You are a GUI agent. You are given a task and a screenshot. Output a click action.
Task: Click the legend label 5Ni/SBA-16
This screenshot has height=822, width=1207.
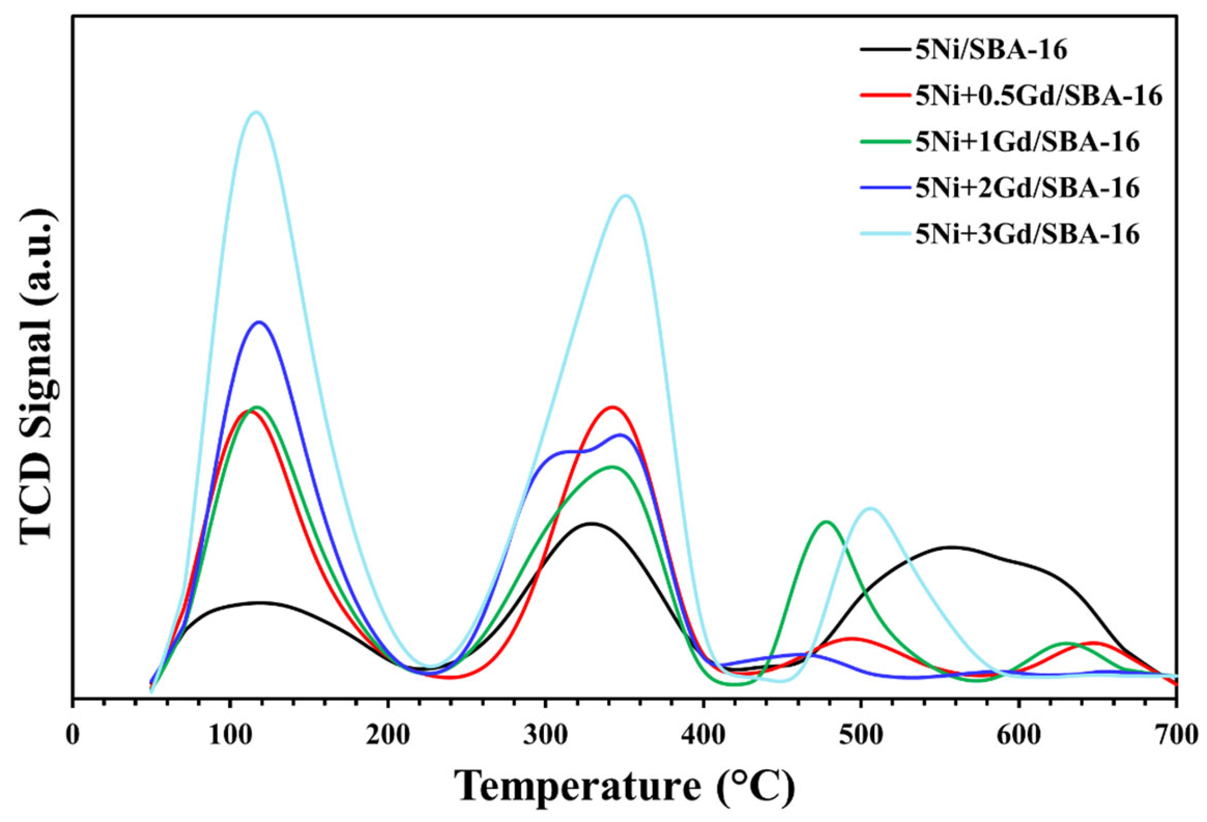(x=991, y=50)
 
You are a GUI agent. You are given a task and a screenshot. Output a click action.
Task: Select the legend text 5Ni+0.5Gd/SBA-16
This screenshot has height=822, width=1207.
(x=1039, y=96)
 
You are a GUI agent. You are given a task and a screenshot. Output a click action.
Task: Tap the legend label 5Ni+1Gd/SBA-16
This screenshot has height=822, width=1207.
(x=1027, y=142)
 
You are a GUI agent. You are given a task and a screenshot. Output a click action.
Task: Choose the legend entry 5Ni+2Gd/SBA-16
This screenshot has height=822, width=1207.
(x=1027, y=188)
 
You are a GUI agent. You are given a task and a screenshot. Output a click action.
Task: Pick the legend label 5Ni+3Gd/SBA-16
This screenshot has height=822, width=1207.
(x=1027, y=235)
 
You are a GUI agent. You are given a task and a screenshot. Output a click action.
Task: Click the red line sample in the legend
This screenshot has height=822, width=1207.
(x=884, y=95)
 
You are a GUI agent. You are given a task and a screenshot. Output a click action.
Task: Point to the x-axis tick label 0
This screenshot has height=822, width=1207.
(x=73, y=735)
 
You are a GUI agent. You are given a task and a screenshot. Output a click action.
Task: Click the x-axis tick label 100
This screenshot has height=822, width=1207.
(x=230, y=735)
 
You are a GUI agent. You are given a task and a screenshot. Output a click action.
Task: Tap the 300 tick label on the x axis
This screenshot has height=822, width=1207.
(x=545, y=735)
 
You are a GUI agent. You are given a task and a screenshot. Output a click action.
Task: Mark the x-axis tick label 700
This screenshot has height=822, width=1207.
(x=1177, y=735)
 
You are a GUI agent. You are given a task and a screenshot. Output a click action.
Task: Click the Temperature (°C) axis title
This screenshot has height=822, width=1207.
(x=624, y=786)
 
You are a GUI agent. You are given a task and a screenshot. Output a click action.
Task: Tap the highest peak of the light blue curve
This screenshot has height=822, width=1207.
(x=256, y=112)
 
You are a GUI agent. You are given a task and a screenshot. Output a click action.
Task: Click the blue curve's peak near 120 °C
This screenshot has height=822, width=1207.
(x=259, y=322)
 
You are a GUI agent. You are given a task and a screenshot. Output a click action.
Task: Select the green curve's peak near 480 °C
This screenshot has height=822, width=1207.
(x=826, y=521)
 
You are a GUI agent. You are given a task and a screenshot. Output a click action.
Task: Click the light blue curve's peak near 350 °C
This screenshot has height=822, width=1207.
(x=625, y=195)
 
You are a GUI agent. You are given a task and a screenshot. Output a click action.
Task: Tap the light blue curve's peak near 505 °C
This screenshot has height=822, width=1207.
(x=870, y=508)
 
